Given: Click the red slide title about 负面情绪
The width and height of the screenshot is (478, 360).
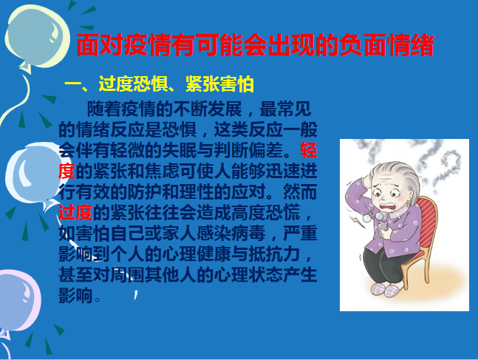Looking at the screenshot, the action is (256, 45).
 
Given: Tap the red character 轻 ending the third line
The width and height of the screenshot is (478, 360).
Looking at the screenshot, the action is (309, 150).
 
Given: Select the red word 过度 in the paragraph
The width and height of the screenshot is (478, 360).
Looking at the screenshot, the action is (75, 212).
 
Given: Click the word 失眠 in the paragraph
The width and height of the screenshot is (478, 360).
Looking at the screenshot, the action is (180, 150).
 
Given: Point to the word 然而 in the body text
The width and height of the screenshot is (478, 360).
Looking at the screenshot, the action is (300, 191).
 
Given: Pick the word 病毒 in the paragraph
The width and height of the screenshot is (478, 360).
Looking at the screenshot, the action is (248, 233).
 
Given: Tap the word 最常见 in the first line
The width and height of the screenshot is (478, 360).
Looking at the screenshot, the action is (285, 109).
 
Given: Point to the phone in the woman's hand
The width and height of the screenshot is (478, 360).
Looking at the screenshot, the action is (383, 226).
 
